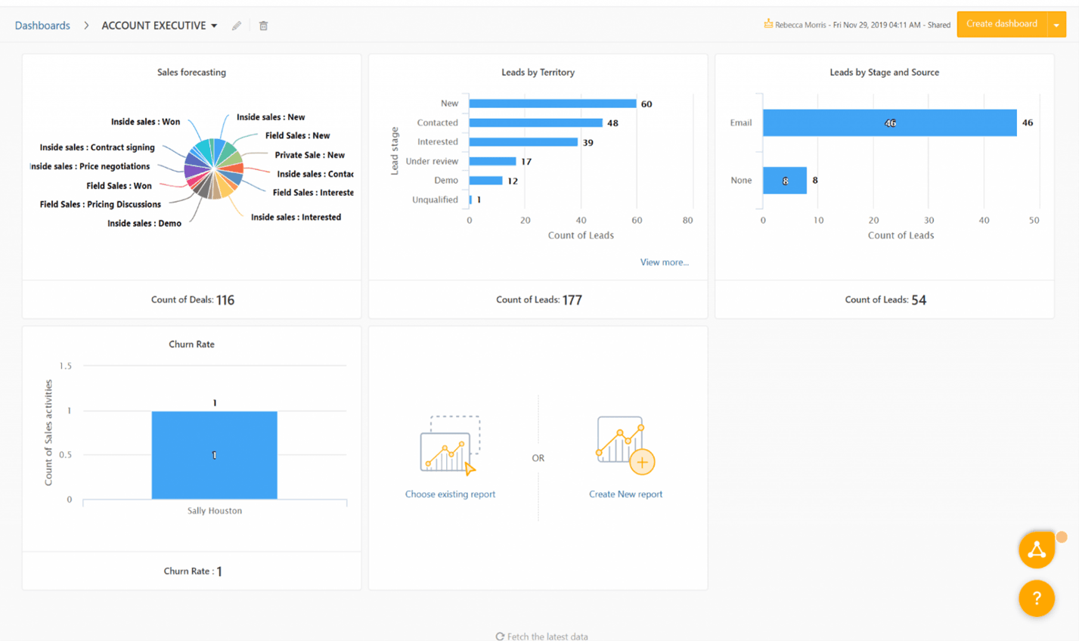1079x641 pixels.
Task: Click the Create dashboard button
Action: tap(1001, 24)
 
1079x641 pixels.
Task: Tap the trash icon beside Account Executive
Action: tap(263, 26)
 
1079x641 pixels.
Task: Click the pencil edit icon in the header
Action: tap(237, 26)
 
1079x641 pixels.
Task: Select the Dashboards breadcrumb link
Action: tap(42, 26)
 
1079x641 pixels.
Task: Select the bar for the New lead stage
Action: tap(552, 104)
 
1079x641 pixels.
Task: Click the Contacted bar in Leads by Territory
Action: tap(535, 122)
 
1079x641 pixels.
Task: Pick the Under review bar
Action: tap(492, 161)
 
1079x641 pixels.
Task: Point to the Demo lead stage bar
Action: tap(485, 181)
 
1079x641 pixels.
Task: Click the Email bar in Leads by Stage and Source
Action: tap(889, 122)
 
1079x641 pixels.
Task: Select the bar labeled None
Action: tap(784, 181)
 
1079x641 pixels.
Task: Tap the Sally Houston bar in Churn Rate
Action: tap(214, 455)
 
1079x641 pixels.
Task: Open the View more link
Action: tap(664, 262)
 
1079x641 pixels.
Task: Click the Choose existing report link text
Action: tap(450, 494)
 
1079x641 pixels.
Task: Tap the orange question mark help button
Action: tap(1036, 599)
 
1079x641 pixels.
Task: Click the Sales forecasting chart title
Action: tap(191, 73)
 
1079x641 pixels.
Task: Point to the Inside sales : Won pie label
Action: tap(145, 122)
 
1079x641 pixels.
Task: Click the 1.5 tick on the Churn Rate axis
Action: tap(66, 366)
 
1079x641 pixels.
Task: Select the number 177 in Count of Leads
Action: tap(572, 300)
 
